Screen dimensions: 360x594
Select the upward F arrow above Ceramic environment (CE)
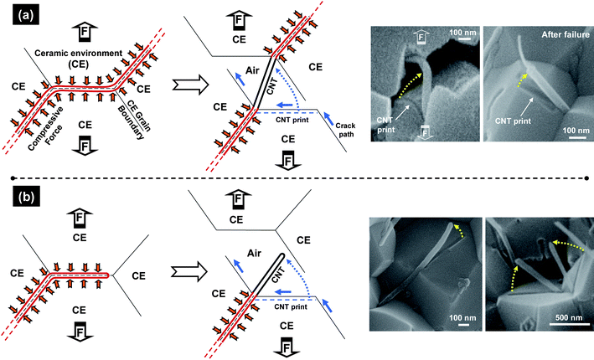point(84,32)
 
